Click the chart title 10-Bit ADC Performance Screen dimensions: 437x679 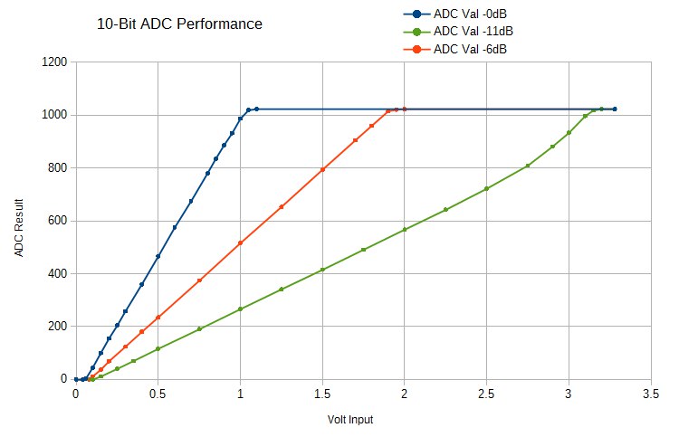pos(179,24)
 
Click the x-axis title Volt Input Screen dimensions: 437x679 pos(350,420)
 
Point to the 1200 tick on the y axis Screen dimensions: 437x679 pos(53,62)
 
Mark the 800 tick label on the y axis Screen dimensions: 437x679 pos(56,168)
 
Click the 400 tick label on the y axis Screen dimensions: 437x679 pos(56,273)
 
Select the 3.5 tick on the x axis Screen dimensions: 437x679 pos(650,394)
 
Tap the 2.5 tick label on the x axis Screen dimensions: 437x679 pos(486,394)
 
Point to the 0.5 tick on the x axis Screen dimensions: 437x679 pos(158,394)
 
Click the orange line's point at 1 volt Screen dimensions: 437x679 pos(240,242)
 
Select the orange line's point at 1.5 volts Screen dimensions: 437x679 pos(322,170)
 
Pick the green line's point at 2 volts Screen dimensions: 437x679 pos(404,230)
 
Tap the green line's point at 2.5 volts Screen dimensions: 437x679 pos(486,188)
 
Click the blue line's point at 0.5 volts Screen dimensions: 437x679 pos(158,257)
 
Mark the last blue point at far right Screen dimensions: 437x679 pos(615,109)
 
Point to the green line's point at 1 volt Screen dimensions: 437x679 pos(240,309)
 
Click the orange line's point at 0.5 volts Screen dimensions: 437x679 pos(158,318)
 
